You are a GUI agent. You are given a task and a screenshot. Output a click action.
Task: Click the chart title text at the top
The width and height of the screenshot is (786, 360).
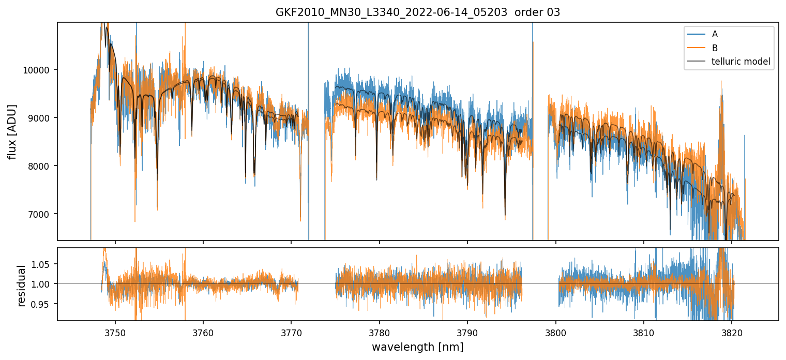point(417,12)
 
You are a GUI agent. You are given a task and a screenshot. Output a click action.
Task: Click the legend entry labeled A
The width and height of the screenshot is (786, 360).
point(715,34)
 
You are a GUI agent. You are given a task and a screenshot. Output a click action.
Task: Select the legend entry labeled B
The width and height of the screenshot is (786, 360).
point(715,48)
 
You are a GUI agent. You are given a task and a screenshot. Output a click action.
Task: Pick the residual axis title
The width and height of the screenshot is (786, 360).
point(21,286)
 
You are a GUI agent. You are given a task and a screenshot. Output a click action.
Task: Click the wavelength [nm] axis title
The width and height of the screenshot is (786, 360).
point(417,347)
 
